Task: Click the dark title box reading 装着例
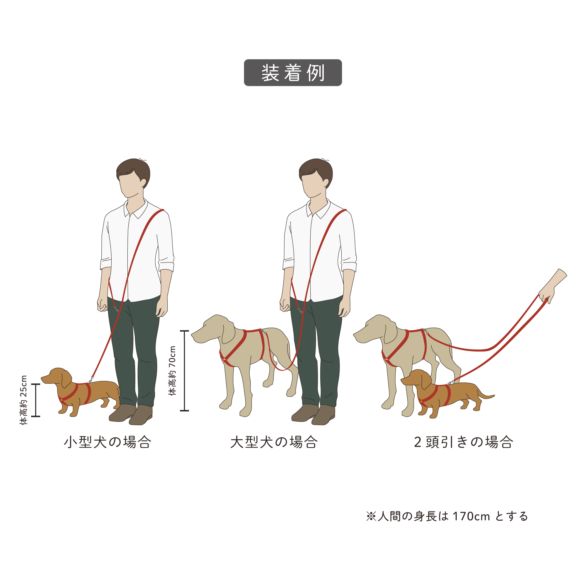coord(293,72)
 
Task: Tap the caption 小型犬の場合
coord(108,442)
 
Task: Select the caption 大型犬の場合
coord(274,442)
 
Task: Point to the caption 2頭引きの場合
coord(464,442)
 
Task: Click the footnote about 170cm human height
coord(447,516)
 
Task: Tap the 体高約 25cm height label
coord(24,400)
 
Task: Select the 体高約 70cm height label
coord(172,371)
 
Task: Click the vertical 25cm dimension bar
coord(36,400)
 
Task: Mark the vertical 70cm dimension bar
coord(184,371)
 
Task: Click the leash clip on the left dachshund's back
coord(91,379)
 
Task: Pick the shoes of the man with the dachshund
coord(131,414)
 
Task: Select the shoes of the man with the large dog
coord(314,414)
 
